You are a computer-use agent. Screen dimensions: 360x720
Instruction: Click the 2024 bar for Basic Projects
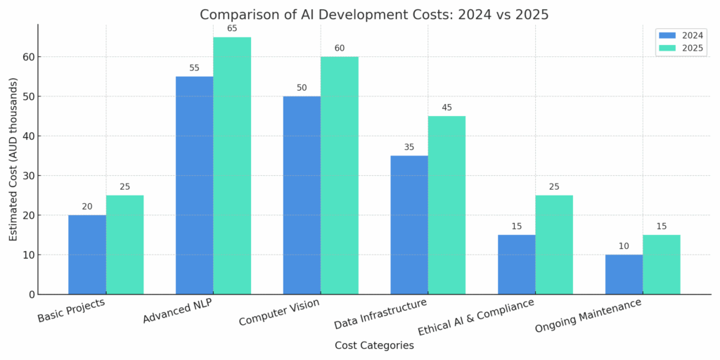pyautogui.click(x=87, y=255)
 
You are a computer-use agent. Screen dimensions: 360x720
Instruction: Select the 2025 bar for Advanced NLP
pyautogui.click(x=232, y=165)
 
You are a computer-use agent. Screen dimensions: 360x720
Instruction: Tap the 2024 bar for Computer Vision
pyautogui.click(x=302, y=195)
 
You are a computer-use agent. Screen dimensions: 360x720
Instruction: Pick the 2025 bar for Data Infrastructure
pyautogui.click(x=446, y=205)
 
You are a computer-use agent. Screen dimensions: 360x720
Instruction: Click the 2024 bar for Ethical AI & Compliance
pyautogui.click(x=516, y=264)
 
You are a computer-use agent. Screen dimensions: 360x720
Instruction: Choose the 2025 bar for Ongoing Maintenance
pyautogui.click(x=662, y=264)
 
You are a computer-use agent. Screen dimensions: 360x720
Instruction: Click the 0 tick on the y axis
pyautogui.click(x=30, y=295)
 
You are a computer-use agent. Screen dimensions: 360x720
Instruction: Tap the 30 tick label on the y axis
pyautogui.click(x=27, y=176)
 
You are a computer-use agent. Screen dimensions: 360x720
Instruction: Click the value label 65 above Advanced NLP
pyautogui.click(x=232, y=28)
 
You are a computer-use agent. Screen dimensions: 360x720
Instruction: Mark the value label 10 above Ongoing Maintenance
pyautogui.click(x=624, y=246)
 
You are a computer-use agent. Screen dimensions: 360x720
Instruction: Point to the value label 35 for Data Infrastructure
pyautogui.click(x=409, y=147)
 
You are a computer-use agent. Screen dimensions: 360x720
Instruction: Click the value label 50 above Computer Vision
pyautogui.click(x=302, y=88)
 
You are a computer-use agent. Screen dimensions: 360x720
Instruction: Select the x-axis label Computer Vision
pyautogui.click(x=279, y=312)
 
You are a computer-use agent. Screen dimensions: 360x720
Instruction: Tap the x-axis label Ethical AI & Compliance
pyautogui.click(x=476, y=316)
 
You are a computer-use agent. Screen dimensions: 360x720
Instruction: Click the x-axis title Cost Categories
pyautogui.click(x=374, y=346)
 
